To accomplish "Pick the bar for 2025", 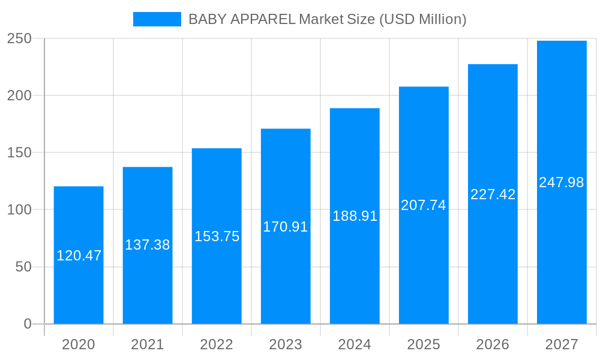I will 424,264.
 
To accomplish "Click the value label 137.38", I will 148,245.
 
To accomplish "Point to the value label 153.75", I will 217,236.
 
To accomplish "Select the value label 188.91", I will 355,216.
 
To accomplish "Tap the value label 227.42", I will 493,194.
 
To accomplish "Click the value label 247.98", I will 562,182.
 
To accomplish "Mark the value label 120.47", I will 79,256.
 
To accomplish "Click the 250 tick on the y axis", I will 19,38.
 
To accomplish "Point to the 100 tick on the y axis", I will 19,210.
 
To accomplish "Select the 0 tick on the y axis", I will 28,324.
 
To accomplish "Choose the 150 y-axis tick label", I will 19,152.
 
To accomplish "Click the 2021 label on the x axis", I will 148,344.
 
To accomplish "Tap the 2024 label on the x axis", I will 355,344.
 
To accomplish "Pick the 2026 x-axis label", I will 493,344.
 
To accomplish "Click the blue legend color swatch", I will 157,19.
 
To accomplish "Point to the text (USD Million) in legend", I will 422,19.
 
